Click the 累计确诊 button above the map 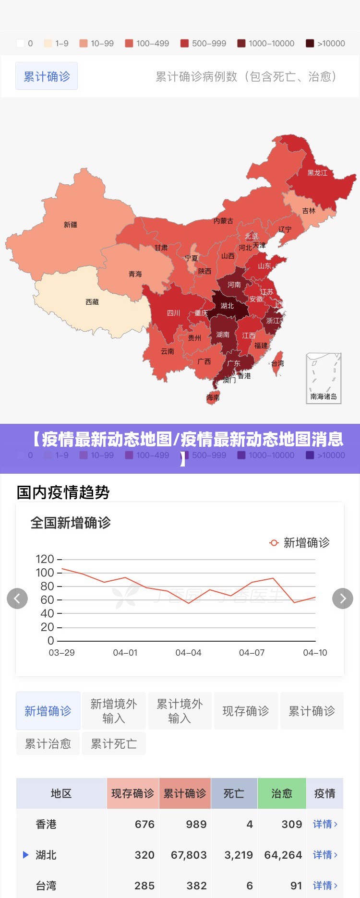click(x=47, y=76)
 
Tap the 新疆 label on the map click(x=71, y=225)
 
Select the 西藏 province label click(x=92, y=302)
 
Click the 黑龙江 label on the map click(x=317, y=173)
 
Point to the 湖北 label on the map click(x=227, y=306)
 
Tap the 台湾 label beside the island click(x=277, y=363)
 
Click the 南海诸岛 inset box click(x=324, y=379)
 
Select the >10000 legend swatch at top click(x=310, y=43)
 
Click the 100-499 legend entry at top click(x=147, y=43)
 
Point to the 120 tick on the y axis click(x=45, y=559)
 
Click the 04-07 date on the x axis click(x=252, y=653)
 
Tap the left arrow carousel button click(x=17, y=599)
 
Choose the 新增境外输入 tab click(x=114, y=711)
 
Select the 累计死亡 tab click(x=114, y=744)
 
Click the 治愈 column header click(x=282, y=793)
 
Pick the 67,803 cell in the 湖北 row click(x=189, y=855)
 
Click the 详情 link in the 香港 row click(x=325, y=824)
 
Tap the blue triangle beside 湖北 click(x=26, y=854)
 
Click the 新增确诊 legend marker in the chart click(x=274, y=543)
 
